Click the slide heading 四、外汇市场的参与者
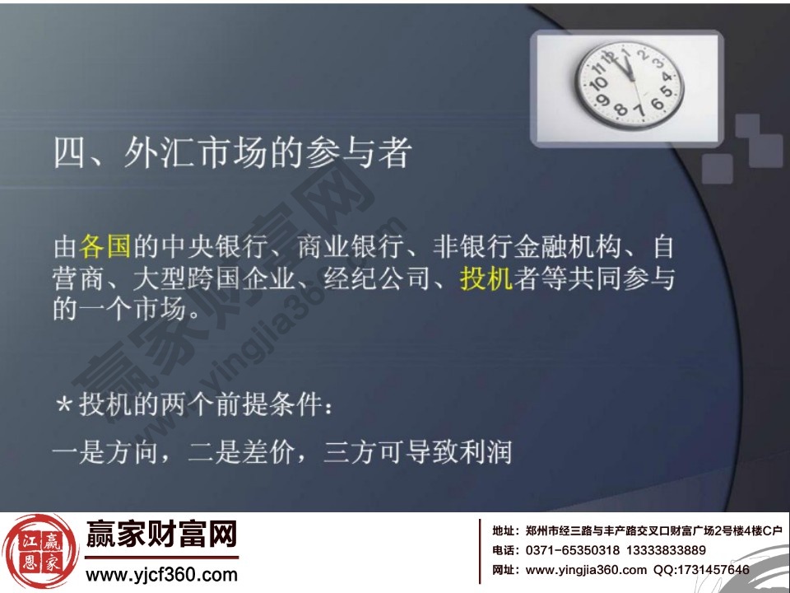pyautogui.click(x=231, y=154)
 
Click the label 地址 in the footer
pyautogui.click(x=503, y=531)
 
